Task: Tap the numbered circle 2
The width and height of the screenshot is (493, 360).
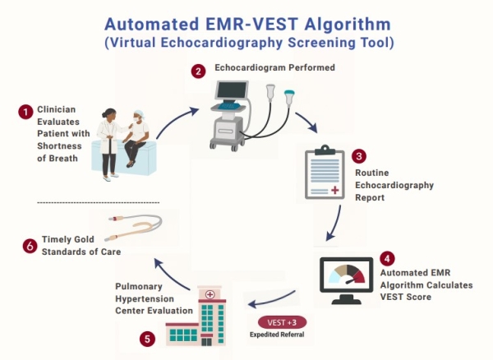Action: point(198,72)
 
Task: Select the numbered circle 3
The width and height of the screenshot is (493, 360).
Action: point(357,155)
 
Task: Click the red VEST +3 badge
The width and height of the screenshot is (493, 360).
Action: point(279,321)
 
